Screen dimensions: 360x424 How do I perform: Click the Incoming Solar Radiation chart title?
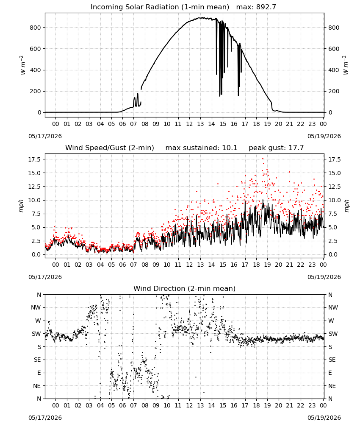click(x=160, y=7)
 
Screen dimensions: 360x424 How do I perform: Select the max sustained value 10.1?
click(x=230, y=148)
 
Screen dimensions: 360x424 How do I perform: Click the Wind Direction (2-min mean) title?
click(x=185, y=288)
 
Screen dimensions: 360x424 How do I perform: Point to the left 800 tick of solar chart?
click(x=36, y=28)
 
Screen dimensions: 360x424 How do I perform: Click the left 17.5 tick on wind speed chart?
click(x=34, y=159)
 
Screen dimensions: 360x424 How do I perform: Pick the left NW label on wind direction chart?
click(x=36, y=308)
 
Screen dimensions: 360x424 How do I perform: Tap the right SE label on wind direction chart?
click(x=332, y=360)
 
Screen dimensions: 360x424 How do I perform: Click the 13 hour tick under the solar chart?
click(x=200, y=124)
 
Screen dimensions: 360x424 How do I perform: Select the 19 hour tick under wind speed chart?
click(x=267, y=265)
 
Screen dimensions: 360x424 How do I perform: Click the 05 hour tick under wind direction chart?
click(x=111, y=405)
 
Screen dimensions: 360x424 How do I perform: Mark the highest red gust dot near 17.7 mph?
click(x=263, y=159)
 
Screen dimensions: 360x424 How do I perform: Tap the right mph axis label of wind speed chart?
click(x=347, y=206)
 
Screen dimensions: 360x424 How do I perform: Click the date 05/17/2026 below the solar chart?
click(x=45, y=136)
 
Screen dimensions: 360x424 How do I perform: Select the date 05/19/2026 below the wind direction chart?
click(x=324, y=418)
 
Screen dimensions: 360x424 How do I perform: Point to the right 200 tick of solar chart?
click(x=334, y=92)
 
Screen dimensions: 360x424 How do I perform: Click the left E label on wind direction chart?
click(x=39, y=373)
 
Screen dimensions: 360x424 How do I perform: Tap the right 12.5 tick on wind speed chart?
click(x=334, y=187)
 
